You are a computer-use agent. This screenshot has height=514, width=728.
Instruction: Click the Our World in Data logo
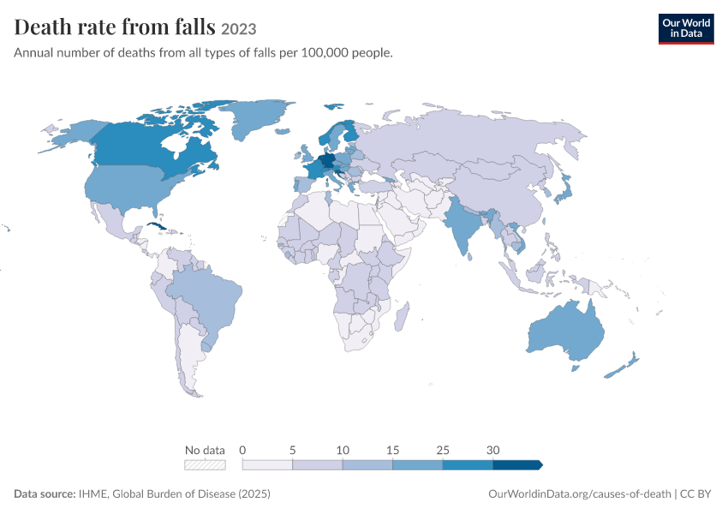686,29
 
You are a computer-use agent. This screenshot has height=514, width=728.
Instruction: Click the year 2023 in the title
239,29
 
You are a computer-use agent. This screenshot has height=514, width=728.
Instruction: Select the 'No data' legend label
205,450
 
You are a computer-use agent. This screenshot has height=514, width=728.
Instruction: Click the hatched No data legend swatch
205,465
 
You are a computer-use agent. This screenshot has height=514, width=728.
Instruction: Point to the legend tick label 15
392,450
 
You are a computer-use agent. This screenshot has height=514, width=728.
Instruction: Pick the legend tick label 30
492,450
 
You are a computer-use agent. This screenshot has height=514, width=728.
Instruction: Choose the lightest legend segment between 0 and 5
267,465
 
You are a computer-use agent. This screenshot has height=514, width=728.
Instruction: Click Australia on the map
567,331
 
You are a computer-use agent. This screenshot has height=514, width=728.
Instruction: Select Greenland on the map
256,117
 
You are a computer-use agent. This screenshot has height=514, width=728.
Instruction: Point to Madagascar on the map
402,317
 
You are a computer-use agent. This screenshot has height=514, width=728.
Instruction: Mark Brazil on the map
207,298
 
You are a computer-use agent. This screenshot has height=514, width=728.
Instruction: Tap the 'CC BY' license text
695,493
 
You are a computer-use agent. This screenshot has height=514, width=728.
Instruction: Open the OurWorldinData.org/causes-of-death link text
580,493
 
